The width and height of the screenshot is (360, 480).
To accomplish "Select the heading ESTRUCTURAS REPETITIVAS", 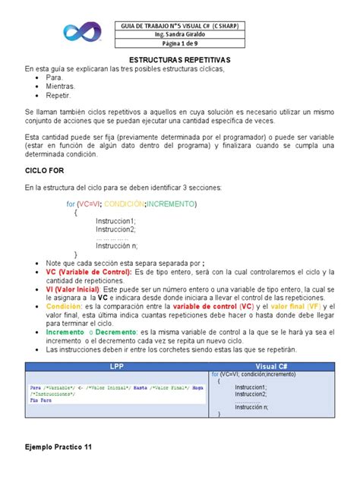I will click(x=179, y=60).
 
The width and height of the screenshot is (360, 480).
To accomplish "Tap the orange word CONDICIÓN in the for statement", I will click(x=125, y=204).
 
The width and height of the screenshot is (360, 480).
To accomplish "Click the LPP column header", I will click(x=115, y=365).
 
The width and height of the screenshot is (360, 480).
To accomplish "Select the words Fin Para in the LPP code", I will click(x=42, y=401).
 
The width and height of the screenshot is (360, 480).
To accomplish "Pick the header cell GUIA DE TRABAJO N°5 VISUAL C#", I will click(x=179, y=24).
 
